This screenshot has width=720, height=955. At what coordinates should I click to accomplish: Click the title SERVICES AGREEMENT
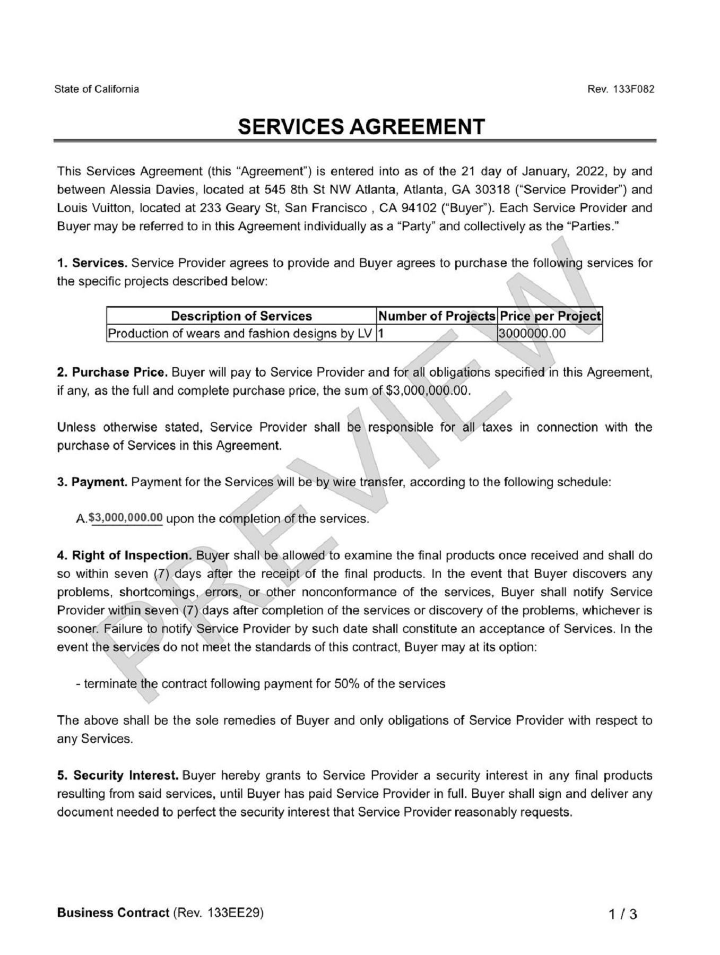[361, 127]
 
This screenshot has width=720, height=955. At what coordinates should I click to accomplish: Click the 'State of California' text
[97, 89]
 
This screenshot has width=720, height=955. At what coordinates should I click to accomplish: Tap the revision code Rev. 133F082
[620, 89]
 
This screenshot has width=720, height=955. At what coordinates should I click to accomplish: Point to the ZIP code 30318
[493, 190]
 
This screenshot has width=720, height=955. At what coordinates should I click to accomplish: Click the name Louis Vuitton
[89, 208]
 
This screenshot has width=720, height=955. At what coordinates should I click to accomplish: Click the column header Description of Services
[241, 316]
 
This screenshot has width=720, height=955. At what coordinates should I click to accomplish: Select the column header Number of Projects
[437, 316]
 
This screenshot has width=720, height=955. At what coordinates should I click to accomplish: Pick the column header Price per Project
[550, 316]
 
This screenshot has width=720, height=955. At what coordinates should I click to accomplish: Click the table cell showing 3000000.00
[532, 334]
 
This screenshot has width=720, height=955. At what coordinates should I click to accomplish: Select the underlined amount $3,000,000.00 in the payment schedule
[126, 518]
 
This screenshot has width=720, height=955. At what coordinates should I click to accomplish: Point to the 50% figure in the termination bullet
[346, 683]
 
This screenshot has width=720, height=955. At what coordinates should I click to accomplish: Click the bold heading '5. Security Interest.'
[118, 776]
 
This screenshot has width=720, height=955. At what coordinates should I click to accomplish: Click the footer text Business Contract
[113, 913]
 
